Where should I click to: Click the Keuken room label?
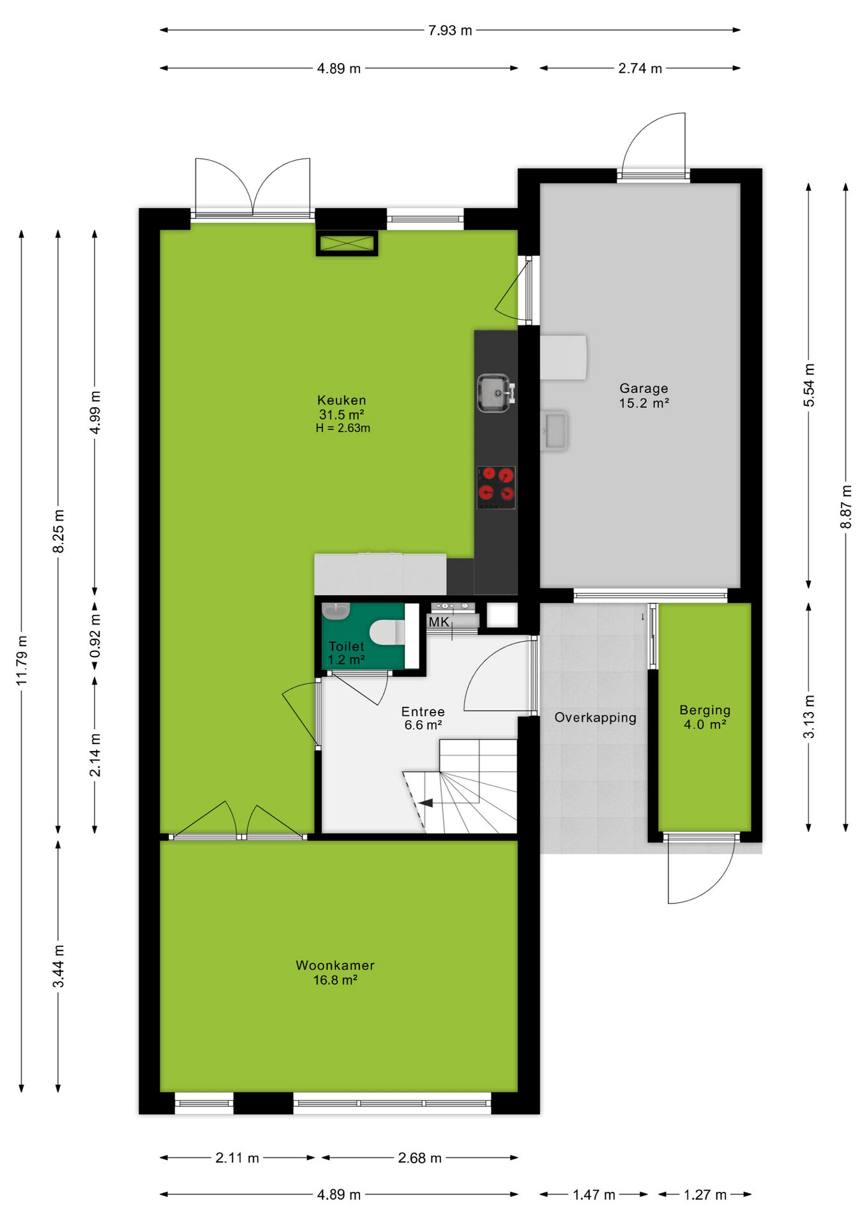[x=342, y=400]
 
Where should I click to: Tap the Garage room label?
[x=644, y=388]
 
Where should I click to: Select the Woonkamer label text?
[x=335, y=965]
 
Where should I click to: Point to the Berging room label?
[x=705, y=710]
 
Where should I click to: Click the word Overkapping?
[x=595, y=718]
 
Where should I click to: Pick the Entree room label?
[x=423, y=711]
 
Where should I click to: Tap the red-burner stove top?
[x=496, y=487]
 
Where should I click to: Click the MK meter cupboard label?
[x=439, y=622]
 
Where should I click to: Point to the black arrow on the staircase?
[x=425, y=803]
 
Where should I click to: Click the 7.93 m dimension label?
[x=450, y=30]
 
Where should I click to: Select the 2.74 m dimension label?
[x=640, y=68]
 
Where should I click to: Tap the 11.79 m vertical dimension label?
[x=22, y=660]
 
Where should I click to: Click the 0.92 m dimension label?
[x=95, y=636]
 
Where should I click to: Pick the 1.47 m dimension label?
[x=594, y=1194]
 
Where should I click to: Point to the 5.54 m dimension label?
[x=809, y=385]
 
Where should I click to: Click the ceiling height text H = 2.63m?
[x=343, y=428]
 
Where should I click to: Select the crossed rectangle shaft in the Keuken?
[x=347, y=243]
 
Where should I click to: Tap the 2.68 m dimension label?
[x=419, y=1158]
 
